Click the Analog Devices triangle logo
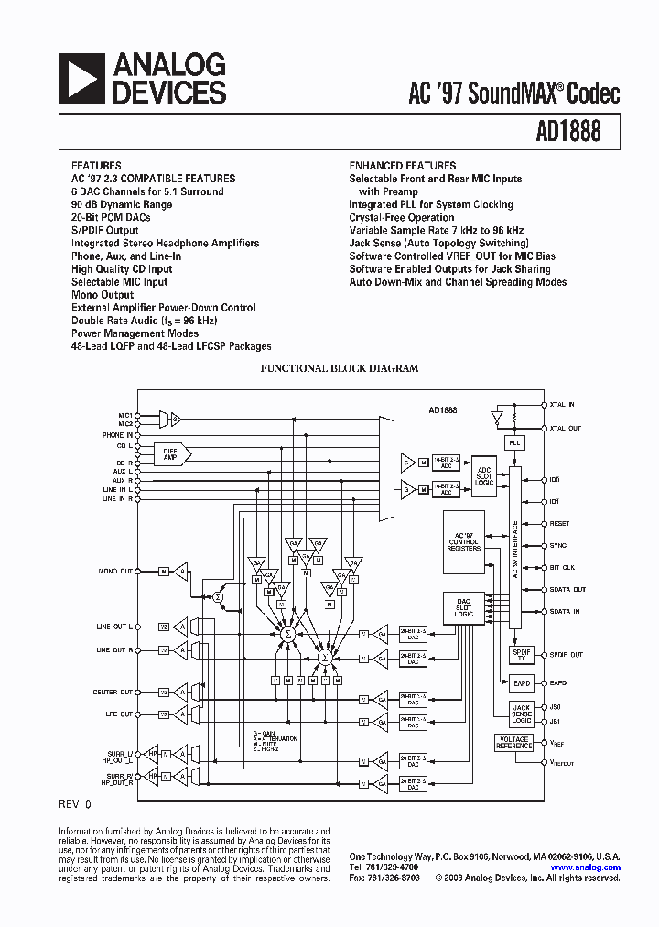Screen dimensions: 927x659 point(81,78)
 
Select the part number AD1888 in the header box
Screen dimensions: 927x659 point(568,132)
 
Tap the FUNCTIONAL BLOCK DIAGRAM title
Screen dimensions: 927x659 point(340,368)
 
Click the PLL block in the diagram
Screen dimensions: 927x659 point(513,442)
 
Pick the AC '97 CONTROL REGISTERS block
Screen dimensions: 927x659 point(463,542)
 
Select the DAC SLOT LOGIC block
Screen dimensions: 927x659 point(463,606)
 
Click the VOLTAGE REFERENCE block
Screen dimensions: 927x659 point(513,743)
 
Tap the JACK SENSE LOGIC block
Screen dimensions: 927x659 point(521,714)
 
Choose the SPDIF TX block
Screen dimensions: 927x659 point(521,654)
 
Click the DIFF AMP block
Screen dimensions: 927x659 point(170,453)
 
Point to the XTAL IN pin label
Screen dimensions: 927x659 point(562,405)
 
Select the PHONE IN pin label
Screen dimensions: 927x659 point(116,435)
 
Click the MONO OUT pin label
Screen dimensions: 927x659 point(115,571)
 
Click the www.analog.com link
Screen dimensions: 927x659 point(586,867)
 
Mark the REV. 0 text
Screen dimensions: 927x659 point(75,804)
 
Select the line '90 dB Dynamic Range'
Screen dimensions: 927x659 point(122,204)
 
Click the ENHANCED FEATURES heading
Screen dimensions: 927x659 point(402,166)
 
